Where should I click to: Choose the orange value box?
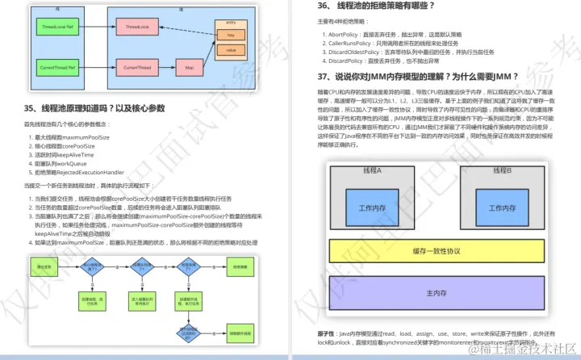[x=230, y=50]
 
